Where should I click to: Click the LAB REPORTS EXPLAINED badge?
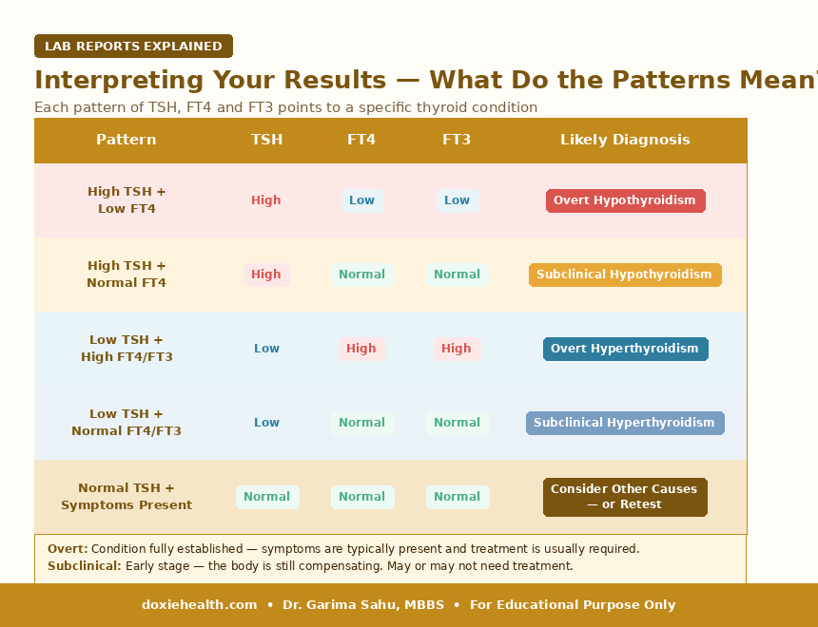133,46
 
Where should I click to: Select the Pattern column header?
127,140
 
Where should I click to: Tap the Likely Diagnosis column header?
625,140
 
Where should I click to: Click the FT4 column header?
361,140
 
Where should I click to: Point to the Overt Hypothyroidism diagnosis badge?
626,200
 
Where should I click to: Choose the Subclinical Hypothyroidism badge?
625,275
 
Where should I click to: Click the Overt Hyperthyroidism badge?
626,349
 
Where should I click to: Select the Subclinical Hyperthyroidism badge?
625,423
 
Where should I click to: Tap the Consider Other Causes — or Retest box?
625,497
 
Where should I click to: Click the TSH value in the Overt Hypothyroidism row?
266,200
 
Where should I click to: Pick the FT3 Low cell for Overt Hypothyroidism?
457,200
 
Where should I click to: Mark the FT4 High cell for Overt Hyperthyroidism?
362,349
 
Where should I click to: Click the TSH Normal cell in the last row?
267,497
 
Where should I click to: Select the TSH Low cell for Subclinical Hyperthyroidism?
266,423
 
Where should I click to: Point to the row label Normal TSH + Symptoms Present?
127,496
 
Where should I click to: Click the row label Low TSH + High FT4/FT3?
127,348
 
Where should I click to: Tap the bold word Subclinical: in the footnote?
85,566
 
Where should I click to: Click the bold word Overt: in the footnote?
68,549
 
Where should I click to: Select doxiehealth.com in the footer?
200,604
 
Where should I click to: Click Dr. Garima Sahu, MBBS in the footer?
363,604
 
